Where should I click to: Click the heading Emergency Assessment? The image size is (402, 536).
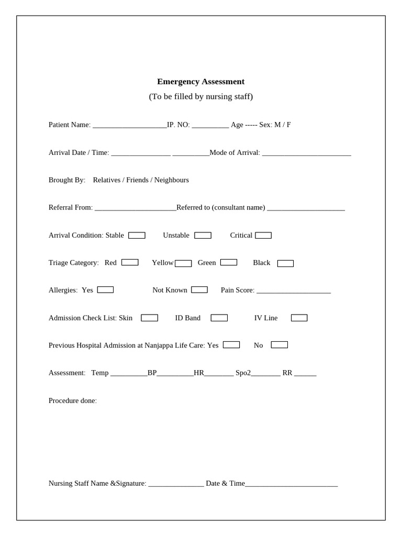pos(200,82)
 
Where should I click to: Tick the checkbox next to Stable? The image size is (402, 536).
pos(137,236)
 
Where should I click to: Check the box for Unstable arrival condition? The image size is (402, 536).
pos(203,236)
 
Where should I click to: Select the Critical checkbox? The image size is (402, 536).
pos(263,236)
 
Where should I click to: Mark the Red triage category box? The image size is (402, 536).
pos(130,262)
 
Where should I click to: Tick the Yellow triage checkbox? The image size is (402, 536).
pos(183,263)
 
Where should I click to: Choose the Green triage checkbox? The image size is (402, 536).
pos(229,262)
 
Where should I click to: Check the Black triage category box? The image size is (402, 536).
pos(285,263)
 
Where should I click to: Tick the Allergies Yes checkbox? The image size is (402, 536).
pos(105,289)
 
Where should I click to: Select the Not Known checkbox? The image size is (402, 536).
pos(199,289)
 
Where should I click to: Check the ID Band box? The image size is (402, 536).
pos(219,318)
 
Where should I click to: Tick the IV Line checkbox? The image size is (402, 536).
pos(299,318)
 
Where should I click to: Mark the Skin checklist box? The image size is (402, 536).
pos(149,318)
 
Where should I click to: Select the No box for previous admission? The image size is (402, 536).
pos(280,345)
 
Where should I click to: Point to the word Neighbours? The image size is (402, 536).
pos(172,180)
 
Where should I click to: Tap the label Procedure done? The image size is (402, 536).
pos(72,401)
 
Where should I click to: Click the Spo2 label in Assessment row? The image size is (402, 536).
pos(243,373)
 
